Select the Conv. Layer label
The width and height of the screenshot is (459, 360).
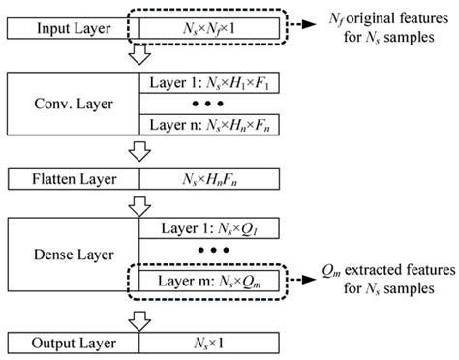coord(73,102)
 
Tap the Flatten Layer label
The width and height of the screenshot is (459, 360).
coord(73,179)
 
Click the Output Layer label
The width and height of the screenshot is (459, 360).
coord(73,342)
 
